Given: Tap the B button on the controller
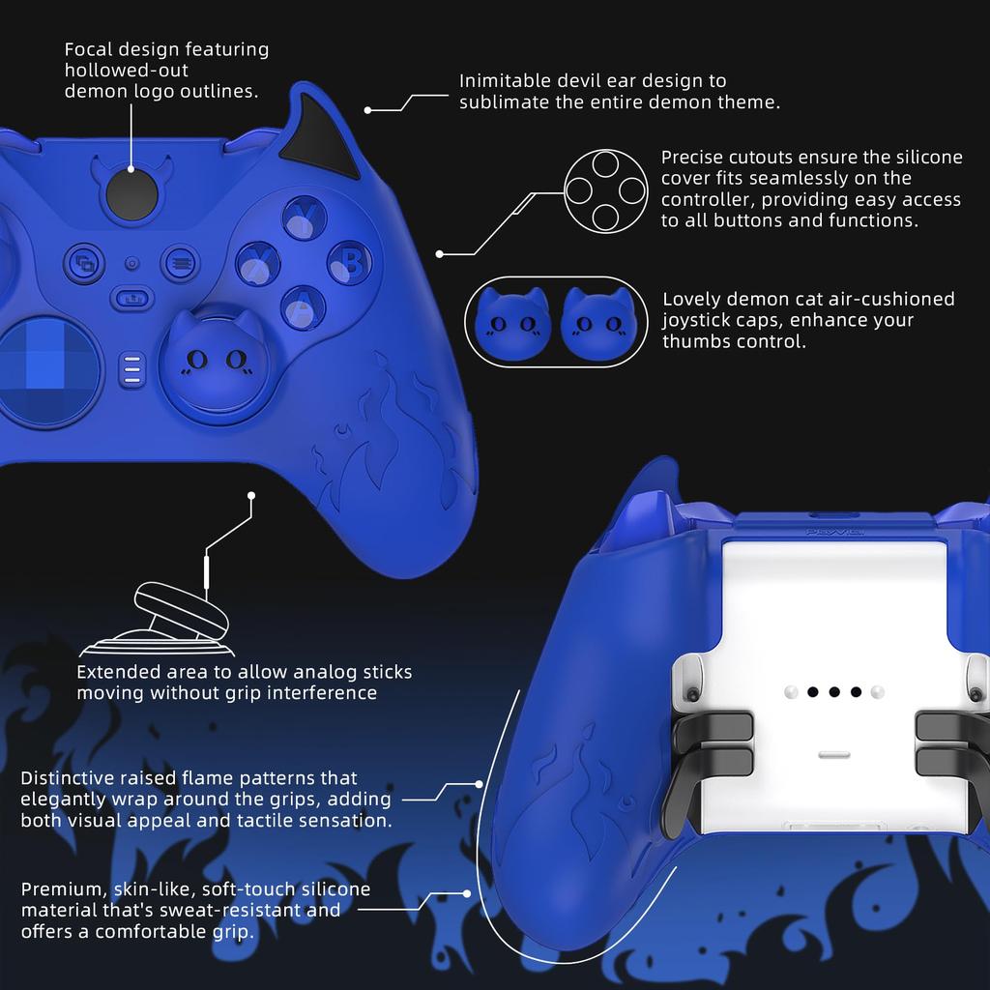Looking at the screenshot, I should pos(350,262).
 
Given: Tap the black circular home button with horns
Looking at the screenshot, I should pos(131,193).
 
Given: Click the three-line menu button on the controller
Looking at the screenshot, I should pos(179,261).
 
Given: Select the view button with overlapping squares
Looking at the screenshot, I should pos(85,262).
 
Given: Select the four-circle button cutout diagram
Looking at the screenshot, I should pos(605,190).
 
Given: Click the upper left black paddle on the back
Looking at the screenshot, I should pos(713,725).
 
